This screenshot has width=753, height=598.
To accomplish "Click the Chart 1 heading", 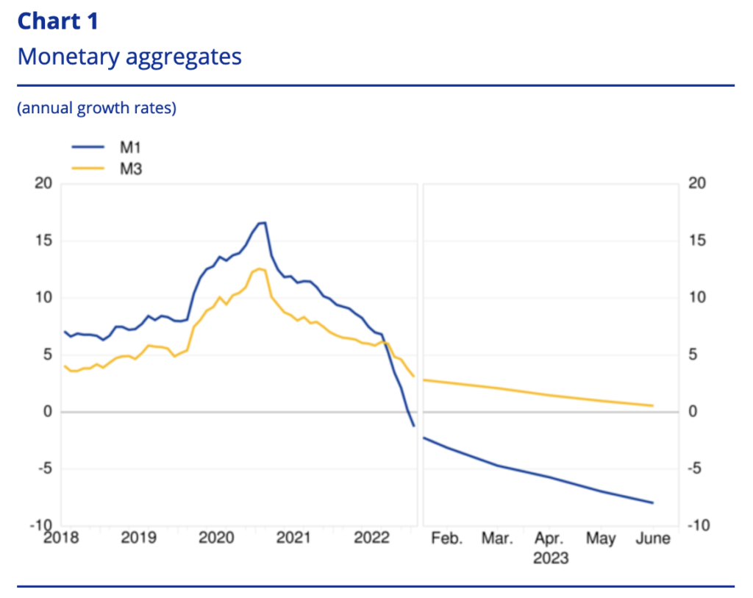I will [57, 21].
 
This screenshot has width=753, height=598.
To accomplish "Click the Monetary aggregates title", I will [129, 57].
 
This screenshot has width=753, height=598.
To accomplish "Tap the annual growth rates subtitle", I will [96, 109].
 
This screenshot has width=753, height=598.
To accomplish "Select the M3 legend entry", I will [130, 168].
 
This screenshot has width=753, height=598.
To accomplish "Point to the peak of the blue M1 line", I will [263, 222].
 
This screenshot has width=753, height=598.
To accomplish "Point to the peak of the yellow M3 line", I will [259, 268].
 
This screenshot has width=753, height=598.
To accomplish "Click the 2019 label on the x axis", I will [138, 538].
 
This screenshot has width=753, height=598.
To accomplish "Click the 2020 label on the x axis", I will [216, 538].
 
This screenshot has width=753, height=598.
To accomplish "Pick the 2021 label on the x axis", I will [293, 538].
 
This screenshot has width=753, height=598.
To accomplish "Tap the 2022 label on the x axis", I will [371, 538].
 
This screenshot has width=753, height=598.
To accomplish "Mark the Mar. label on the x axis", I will [497, 538].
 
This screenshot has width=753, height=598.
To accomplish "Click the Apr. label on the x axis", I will [549, 538].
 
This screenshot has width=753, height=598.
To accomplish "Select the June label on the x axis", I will [652, 538].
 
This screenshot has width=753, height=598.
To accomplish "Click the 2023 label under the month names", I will [550, 558].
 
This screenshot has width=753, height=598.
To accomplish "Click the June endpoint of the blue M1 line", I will [652, 503].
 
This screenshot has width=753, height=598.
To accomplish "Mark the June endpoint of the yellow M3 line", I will [652, 406].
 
